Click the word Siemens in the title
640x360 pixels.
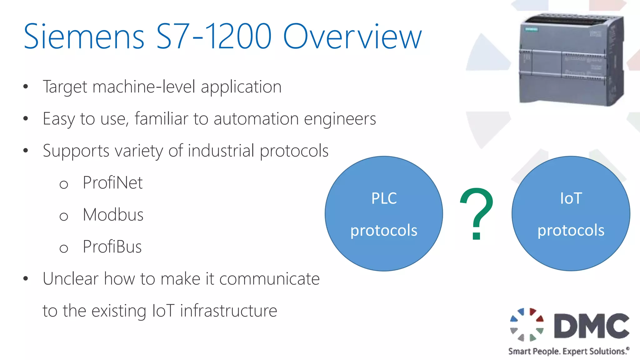point(84,37)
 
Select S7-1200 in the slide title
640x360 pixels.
point(214,37)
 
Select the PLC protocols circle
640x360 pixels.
point(384,214)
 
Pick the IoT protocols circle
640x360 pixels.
point(571,214)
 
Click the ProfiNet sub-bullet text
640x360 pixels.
point(112,182)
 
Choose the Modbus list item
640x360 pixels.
point(113,215)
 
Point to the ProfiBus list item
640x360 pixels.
point(112,247)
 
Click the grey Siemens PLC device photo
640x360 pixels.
point(571,59)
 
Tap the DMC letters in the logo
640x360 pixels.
point(591,326)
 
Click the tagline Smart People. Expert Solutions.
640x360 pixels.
point(568,351)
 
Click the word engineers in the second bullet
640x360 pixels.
point(340,119)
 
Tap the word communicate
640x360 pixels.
point(269,279)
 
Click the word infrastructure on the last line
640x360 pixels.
point(228,311)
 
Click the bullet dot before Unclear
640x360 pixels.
point(26,278)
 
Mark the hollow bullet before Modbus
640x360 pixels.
point(64,216)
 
